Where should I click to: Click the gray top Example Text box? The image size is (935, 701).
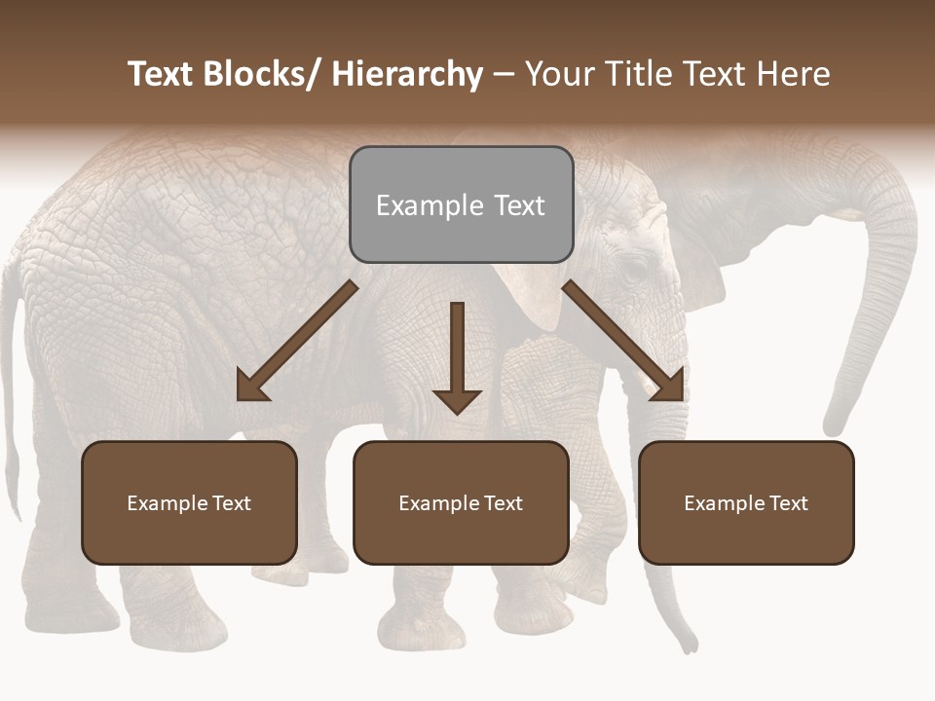point(461,204)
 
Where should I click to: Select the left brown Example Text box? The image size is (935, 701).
point(189,502)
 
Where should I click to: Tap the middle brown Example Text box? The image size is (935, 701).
point(461,502)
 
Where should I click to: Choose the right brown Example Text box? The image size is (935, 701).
point(746,502)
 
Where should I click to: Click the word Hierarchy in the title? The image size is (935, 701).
point(407,74)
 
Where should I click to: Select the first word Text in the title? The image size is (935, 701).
point(161,74)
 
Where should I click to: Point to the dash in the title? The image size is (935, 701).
point(504,74)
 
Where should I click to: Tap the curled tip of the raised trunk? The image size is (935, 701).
point(834,425)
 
